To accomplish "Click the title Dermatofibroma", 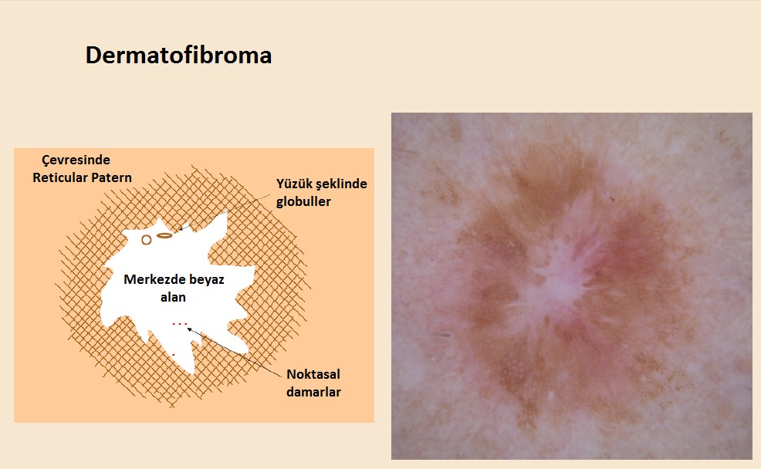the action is click(178, 55).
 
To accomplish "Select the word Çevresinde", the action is click(76, 160).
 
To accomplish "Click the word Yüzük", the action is click(294, 184).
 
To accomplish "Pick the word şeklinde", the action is click(341, 184).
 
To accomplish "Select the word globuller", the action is click(303, 201).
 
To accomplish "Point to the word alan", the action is click(173, 297).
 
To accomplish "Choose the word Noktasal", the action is click(313, 374).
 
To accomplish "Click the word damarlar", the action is click(313, 392).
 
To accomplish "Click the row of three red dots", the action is click(180, 323).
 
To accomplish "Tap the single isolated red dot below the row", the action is click(174, 355).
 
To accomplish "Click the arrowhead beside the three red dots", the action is click(190, 330).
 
